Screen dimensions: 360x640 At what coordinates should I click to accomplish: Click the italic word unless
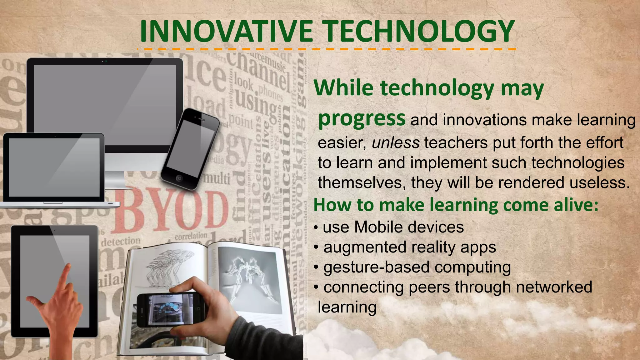coord(396,143)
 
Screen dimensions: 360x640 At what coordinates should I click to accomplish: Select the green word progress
coord(362,119)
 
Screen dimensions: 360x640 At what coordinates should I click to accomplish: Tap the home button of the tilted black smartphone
coord(179,178)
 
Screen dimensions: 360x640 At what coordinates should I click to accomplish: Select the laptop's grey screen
coord(54,167)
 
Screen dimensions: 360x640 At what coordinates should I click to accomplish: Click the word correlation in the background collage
coord(191,236)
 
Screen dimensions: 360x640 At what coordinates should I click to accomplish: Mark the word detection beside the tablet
coord(121,241)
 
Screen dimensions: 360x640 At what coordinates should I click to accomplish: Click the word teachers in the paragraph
coord(456,143)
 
